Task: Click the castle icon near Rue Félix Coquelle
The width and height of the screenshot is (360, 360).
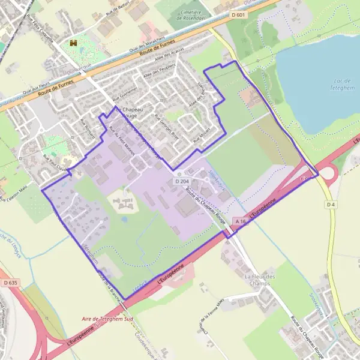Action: point(74,43)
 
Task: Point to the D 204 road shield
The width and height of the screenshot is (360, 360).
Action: point(182,181)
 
